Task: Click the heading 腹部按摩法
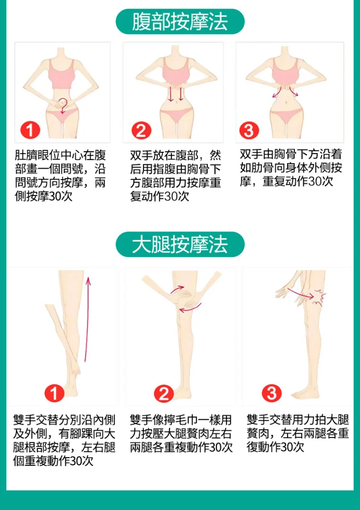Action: click(x=180, y=22)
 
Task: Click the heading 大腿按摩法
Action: click(x=180, y=244)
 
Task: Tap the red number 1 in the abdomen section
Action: click(x=30, y=131)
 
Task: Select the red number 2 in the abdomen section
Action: click(x=141, y=131)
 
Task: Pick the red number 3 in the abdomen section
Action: click(x=249, y=131)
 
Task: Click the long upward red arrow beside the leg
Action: click(x=87, y=319)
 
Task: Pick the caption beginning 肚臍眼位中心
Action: click(x=60, y=176)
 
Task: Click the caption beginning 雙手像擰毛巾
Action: click(x=181, y=434)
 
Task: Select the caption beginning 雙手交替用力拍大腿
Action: click(x=298, y=434)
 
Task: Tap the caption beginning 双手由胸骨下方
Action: click(x=291, y=168)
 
